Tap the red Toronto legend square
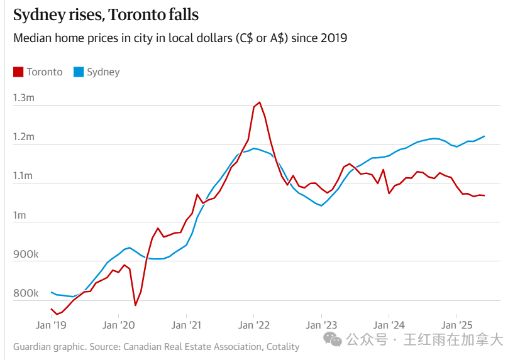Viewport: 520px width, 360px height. (x=18, y=72)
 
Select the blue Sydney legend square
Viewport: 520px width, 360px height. (x=79, y=72)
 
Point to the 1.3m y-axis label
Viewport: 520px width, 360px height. (x=24, y=97)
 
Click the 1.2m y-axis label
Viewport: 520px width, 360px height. (x=24, y=137)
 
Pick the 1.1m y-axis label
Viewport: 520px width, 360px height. (x=24, y=176)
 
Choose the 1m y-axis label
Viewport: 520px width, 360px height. (x=20, y=215)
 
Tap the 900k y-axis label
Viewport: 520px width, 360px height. (x=26, y=254)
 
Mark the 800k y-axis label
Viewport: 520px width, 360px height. (x=26, y=293)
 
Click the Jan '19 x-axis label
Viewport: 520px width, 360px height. (x=51, y=325)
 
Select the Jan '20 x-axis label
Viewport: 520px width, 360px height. (x=118, y=325)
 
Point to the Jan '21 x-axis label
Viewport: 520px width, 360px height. (x=186, y=325)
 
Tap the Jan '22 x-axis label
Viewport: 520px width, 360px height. (x=253, y=325)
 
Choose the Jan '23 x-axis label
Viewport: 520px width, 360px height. (x=321, y=325)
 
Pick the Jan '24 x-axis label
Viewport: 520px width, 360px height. (x=389, y=325)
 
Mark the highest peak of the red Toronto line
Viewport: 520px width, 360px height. (x=259, y=102)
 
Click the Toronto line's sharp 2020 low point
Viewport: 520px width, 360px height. (x=135, y=305)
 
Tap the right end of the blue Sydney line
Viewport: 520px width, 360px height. (x=484, y=136)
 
